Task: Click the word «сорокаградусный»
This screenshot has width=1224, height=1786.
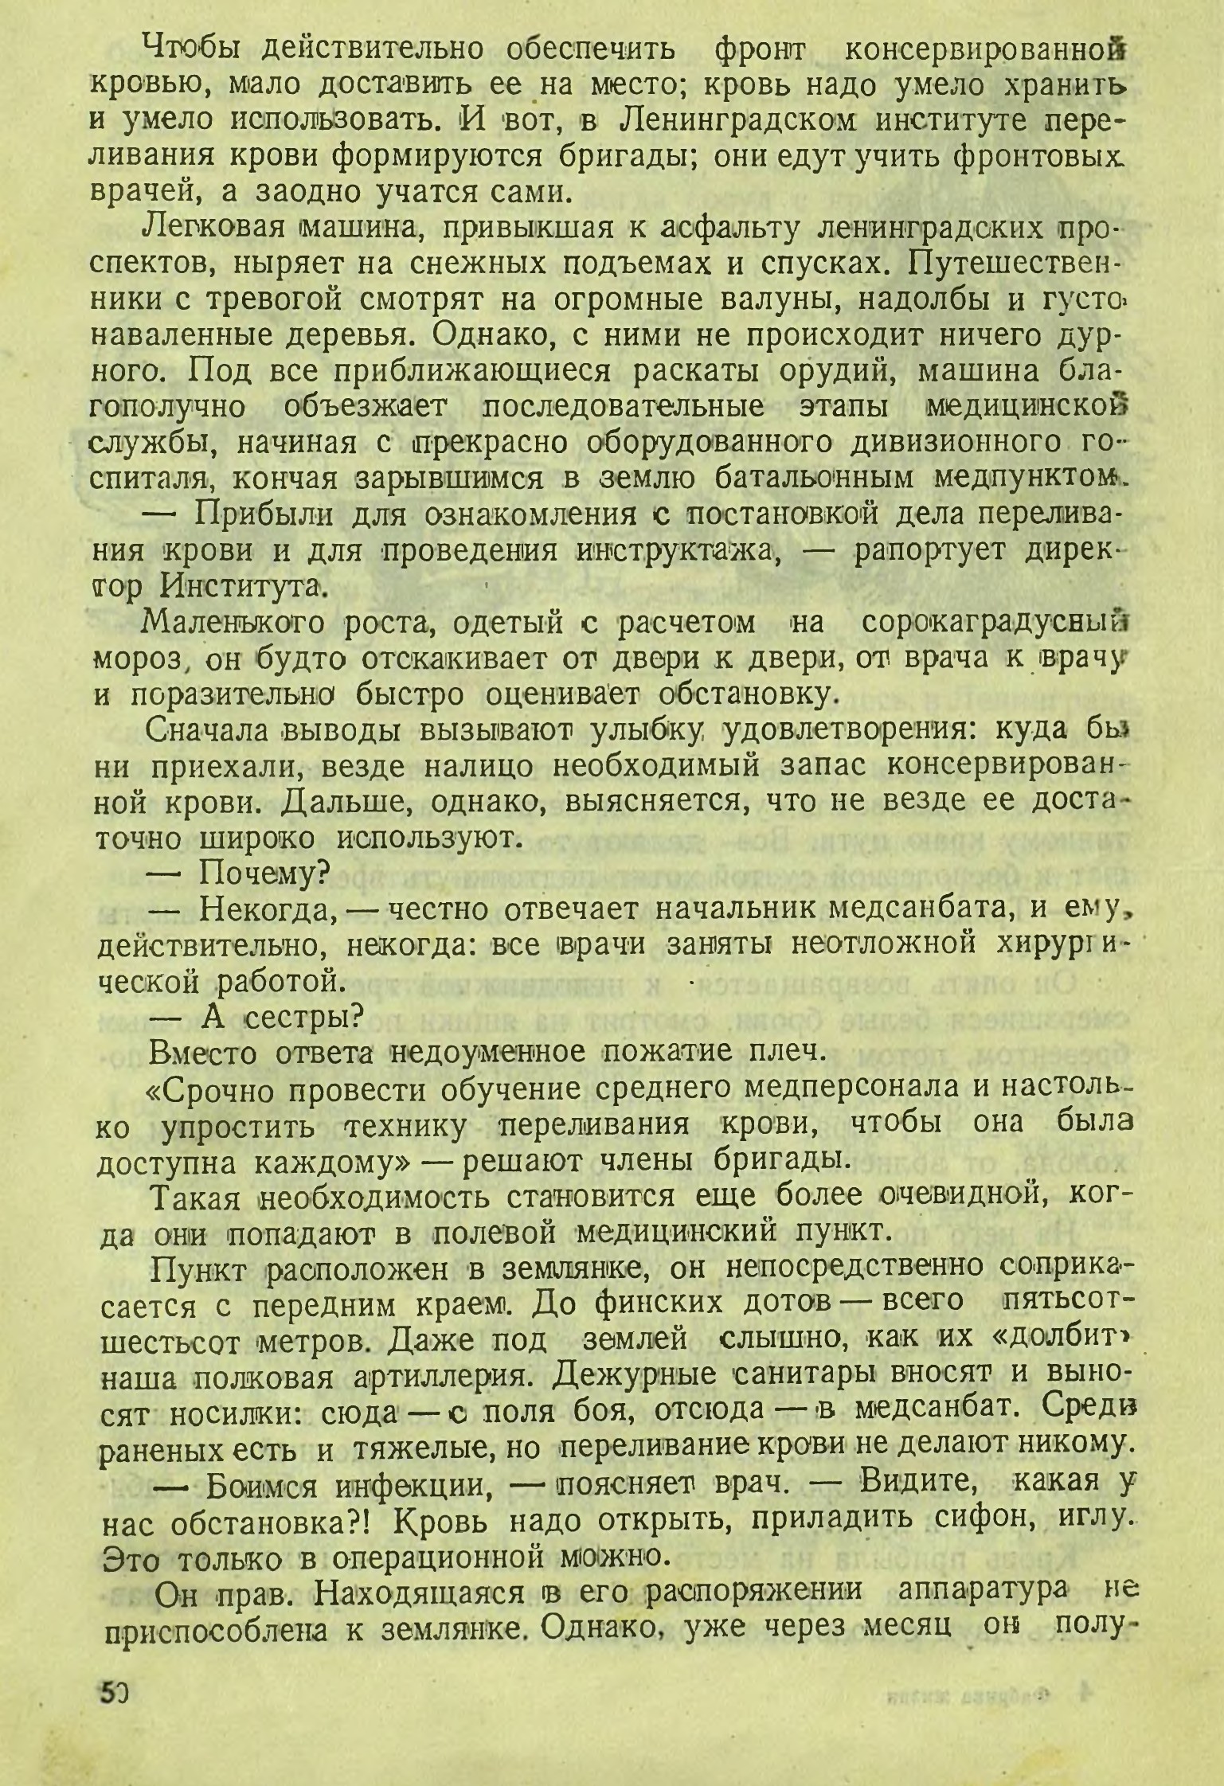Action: [x=987, y=623]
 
